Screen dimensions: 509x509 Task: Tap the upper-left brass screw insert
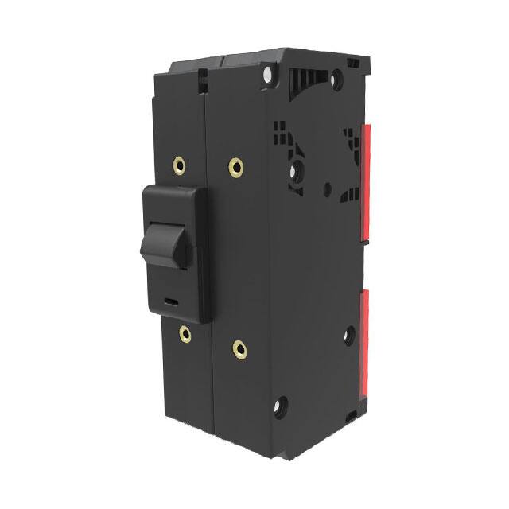point(180,166)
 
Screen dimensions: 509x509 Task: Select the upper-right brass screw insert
point(235,165)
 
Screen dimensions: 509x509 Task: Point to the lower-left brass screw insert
point(185,333)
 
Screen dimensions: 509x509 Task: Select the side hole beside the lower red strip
point(348,335)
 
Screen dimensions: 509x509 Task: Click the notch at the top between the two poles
point(204,80)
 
